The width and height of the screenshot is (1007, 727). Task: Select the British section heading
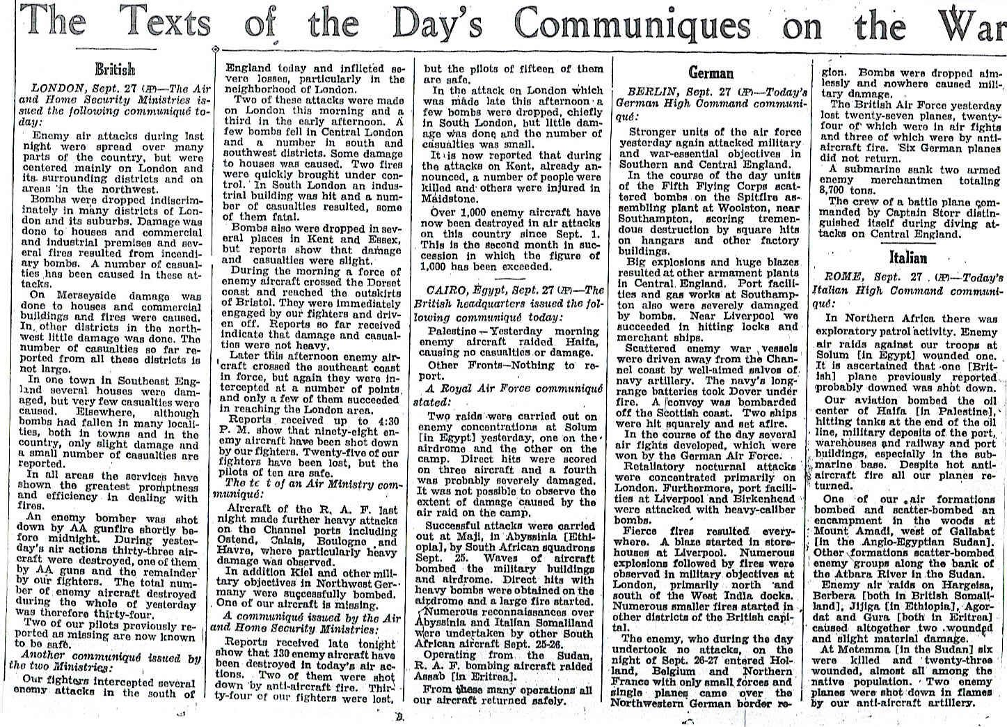[115, 70]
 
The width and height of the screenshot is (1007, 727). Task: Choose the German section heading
[711, 72]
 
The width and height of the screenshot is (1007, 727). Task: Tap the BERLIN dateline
[652, 92]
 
